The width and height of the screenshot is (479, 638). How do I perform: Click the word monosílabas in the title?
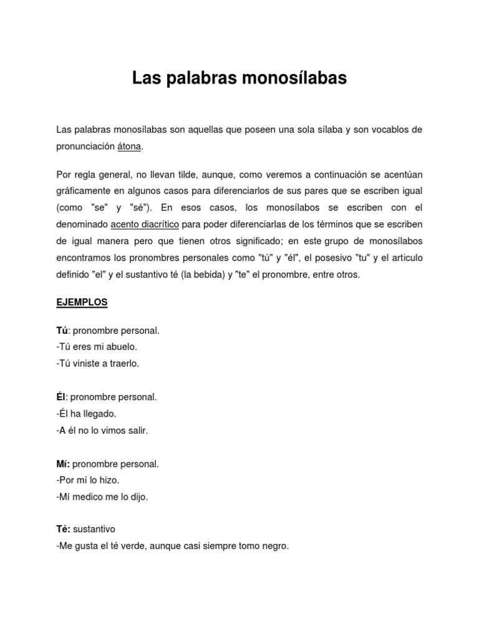(293, 79)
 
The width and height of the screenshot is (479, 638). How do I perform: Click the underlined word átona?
(130, 146)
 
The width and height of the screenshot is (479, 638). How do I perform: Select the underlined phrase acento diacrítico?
(145, 224)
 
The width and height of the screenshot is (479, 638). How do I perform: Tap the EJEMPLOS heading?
(82, 302)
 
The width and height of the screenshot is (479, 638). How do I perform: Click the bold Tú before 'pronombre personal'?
(62, 331)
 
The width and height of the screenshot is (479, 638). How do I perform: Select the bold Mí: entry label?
(64, 464)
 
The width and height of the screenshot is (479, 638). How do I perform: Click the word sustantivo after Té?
(94, 529)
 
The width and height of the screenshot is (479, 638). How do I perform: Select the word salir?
(137, 431)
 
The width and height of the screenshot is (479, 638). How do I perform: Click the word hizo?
(109, 480)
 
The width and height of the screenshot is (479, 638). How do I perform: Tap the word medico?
(89, 497)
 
